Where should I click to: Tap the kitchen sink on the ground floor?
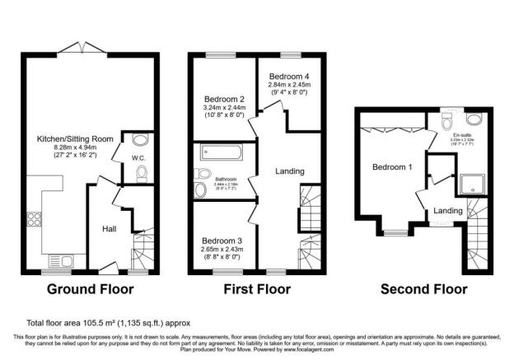pyautogui.click(x=60, y=261)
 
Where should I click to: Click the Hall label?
pyautogui.click(x=109, y=228)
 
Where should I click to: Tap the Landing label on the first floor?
pyautogui.click(x=290, y=171)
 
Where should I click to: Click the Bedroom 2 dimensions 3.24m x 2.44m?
pyautogui.click(x=223, y=106)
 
